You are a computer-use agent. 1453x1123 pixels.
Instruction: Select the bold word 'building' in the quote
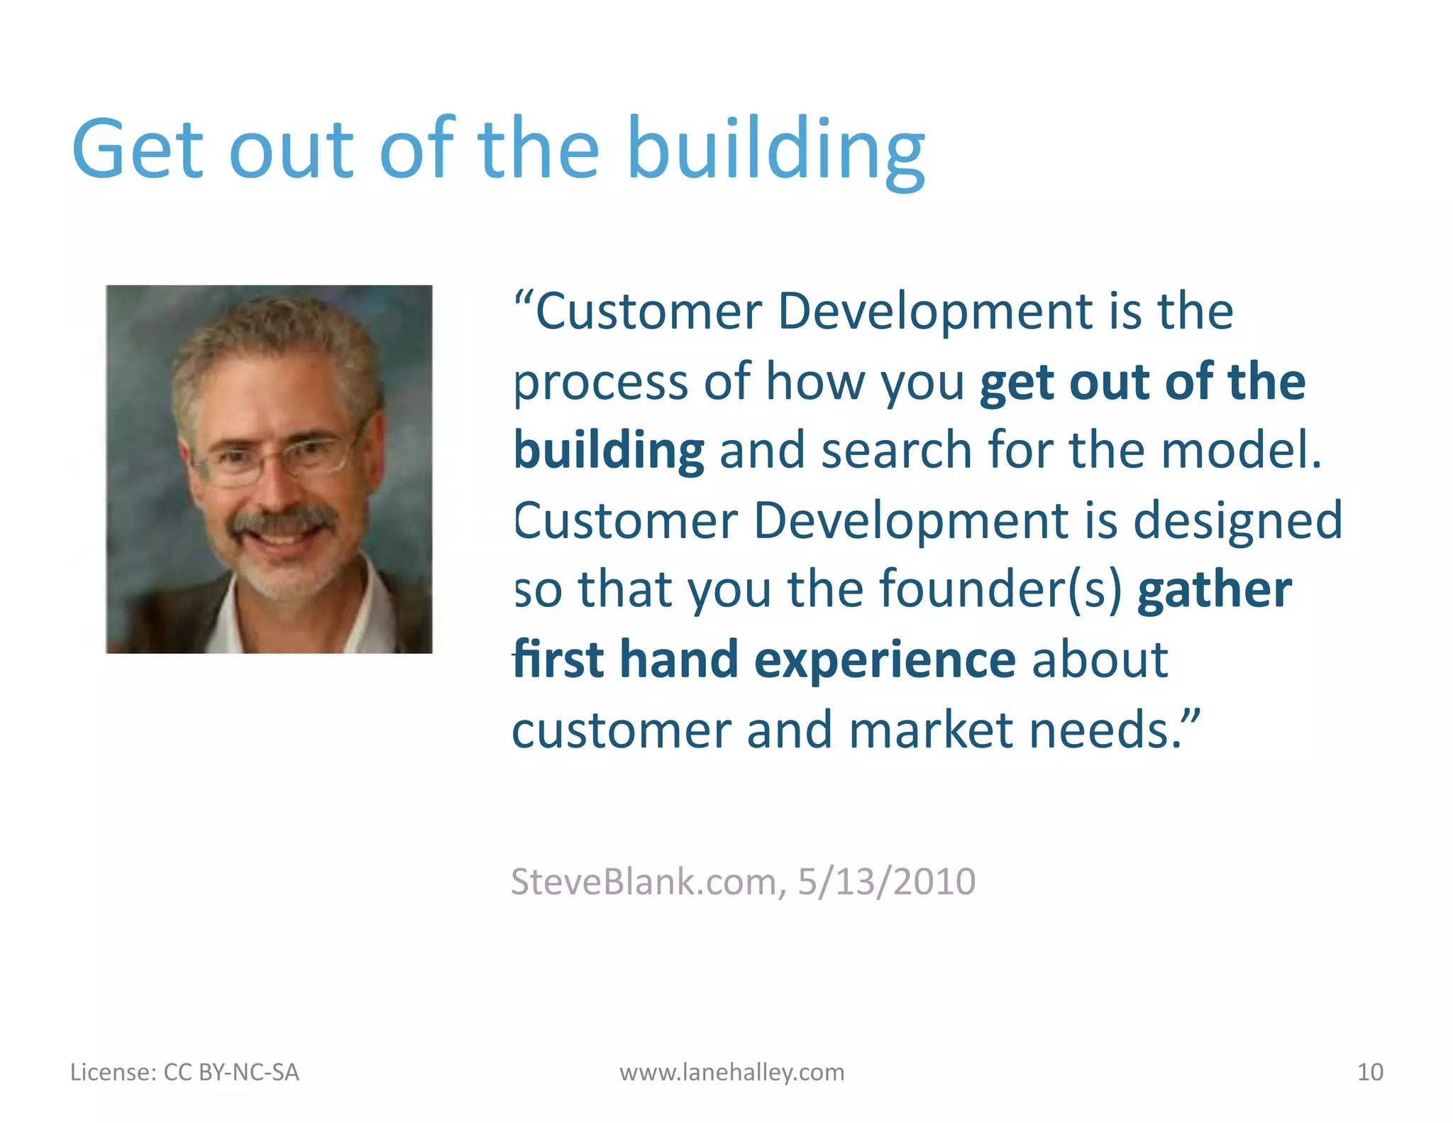tap(609, 451)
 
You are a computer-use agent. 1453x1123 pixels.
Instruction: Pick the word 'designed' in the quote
tap(1237, 520)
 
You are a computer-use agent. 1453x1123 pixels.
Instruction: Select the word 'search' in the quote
tap(897, 451)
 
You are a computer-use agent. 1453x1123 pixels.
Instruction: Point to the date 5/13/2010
tap(886, 882)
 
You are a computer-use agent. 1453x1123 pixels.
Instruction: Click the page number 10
tap(1369, 1072)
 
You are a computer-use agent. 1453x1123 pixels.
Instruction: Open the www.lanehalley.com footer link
tap(731, 1072)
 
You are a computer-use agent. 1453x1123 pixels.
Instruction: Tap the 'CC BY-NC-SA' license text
tap(231, 1072)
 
